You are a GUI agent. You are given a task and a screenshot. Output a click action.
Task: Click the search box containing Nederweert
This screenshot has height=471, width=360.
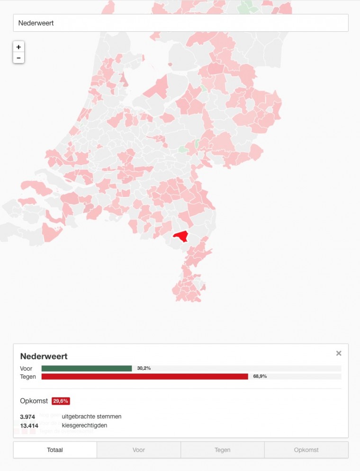(180, 23)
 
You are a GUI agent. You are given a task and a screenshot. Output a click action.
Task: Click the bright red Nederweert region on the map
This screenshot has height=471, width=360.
(181, 235)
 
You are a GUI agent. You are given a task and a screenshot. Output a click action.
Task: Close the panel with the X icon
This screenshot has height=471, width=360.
(339, 353)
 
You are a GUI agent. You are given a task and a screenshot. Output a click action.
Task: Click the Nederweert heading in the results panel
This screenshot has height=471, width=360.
(44, 356)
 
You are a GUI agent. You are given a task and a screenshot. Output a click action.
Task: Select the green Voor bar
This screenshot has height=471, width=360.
(87, 368)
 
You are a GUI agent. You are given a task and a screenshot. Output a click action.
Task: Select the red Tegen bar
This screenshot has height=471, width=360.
(144, 376)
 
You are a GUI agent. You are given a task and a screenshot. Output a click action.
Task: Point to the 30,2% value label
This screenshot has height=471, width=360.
(144, 368)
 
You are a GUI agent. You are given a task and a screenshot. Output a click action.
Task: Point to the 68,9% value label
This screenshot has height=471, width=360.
(260, 376)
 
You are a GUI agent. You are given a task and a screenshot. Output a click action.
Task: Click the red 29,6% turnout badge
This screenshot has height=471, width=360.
(61, 401)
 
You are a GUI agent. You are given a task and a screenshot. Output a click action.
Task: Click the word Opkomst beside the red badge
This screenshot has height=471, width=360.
(34, 401)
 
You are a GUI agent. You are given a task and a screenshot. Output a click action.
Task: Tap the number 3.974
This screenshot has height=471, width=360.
(27, 417)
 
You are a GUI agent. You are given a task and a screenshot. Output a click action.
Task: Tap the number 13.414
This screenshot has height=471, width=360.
(29, 426)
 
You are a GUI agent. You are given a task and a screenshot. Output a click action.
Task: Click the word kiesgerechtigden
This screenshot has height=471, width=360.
(84, 426)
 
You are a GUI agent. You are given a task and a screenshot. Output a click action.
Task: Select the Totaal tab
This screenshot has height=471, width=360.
(55, 450)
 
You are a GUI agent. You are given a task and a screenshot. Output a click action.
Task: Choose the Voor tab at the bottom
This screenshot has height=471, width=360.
(139, 450)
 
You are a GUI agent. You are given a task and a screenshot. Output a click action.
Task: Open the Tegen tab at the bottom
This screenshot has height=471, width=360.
(223, 450)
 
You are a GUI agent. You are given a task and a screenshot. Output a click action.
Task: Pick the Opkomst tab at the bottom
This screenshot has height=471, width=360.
(306, 450)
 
